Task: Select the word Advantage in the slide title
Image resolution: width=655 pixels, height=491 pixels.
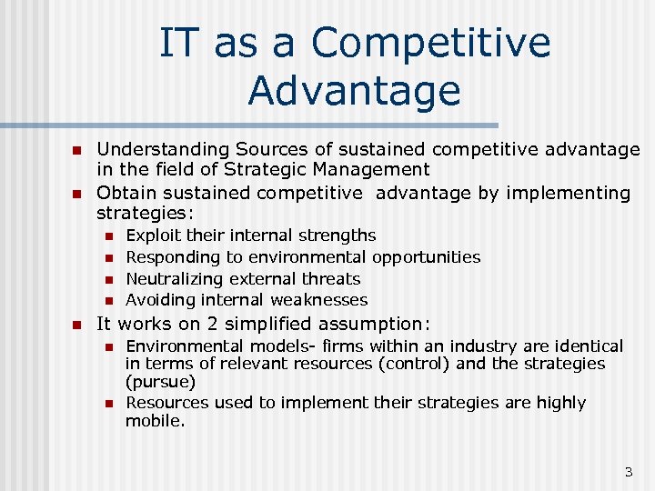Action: pos(354,90)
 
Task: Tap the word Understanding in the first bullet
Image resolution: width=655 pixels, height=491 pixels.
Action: pos(163,149)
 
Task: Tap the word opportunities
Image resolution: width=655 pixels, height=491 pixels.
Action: pos(426,257)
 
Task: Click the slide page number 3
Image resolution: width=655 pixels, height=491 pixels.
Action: pos(628,472)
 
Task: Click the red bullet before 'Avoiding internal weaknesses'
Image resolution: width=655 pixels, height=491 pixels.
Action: pos(106,301)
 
